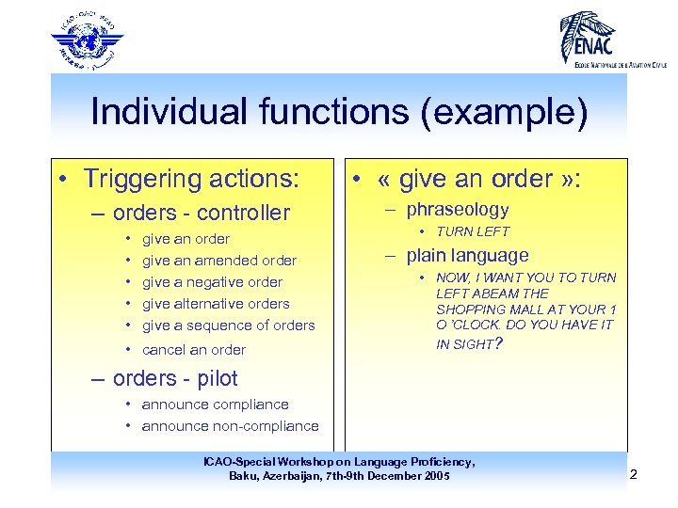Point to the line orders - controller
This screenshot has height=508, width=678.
pos(201,213)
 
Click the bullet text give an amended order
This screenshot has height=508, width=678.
pos(218,261)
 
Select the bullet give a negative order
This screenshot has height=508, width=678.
pos(212,282)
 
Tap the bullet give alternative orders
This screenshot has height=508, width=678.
pos(216,304)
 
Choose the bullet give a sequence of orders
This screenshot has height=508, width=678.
pos(228,325)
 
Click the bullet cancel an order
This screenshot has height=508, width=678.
pos(193,350)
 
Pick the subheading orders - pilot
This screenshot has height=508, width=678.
pos(175,378)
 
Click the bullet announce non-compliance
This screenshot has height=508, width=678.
pos(230,426)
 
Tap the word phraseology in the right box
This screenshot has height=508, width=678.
pos(458,210)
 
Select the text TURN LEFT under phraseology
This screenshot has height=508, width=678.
pos(473,231)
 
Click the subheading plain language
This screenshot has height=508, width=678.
pos(467,255)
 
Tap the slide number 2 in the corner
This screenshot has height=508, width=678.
pos(633,474)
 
